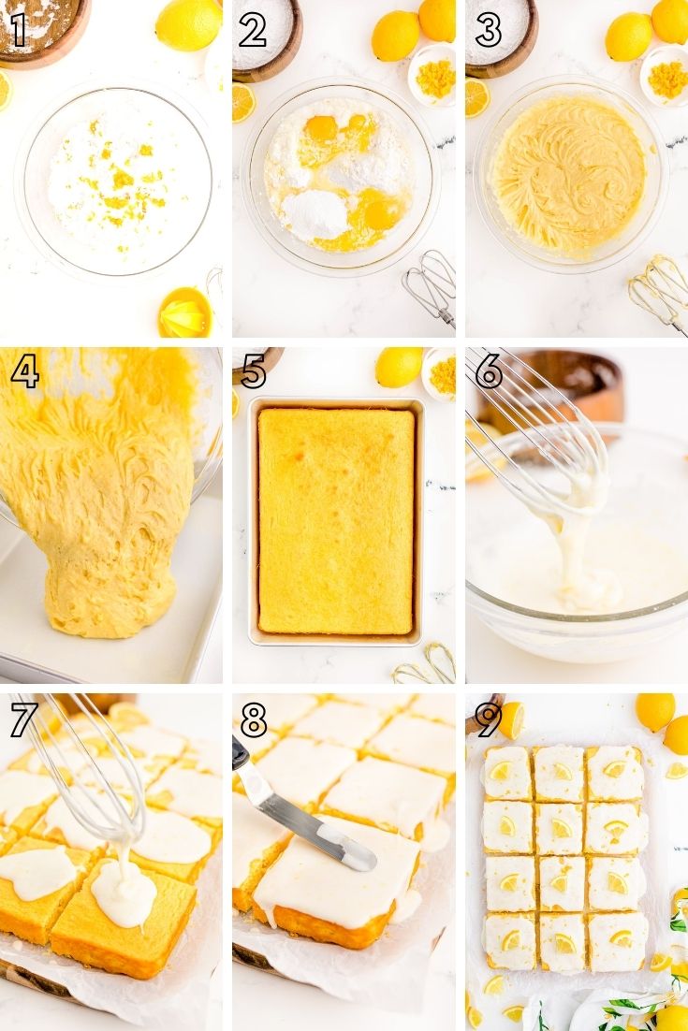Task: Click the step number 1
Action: click(18, 30)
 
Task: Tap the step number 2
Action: click(253, 30)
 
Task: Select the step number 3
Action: click(488, 30)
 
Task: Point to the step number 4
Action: click(25, 372)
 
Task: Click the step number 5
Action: click(254, 372)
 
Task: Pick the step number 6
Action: click(489, 372)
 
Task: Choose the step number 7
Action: click(24, 720)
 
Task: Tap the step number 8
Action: click(254, 720)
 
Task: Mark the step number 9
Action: click(489, 720)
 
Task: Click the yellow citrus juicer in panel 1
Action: click(185, 313)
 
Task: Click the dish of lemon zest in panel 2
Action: click(432, 74)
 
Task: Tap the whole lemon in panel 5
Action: click(399, 367)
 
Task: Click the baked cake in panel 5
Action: click(336, 521)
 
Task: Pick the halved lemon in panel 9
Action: click(512, 719)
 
